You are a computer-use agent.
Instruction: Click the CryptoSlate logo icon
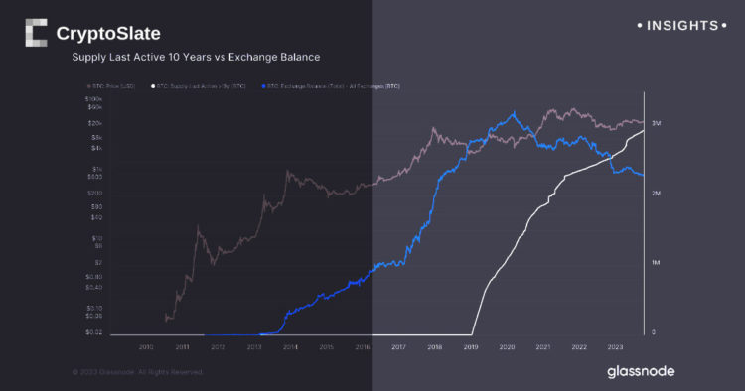[37, 34]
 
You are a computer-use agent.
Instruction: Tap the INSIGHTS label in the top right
[681, 25]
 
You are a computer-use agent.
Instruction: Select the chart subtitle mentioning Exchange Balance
[195, 58]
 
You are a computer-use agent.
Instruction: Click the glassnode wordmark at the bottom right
[640, 371]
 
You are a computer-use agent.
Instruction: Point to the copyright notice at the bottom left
[137, 372]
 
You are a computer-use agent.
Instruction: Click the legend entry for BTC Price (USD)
[116, 87]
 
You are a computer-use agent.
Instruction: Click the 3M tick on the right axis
[658, 122]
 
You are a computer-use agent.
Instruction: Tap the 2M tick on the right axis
[658, 193]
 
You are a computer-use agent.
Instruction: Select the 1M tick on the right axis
[658, 263]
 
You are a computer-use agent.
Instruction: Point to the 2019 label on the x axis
[470, 347]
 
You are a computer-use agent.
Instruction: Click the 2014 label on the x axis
[290, 347]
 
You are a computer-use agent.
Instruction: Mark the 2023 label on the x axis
[615, 347]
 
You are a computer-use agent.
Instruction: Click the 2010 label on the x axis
[146, 347]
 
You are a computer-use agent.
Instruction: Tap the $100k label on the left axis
[94, 100]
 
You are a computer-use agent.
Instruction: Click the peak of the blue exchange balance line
[514, 113]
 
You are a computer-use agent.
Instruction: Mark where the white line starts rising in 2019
[473, 332]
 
